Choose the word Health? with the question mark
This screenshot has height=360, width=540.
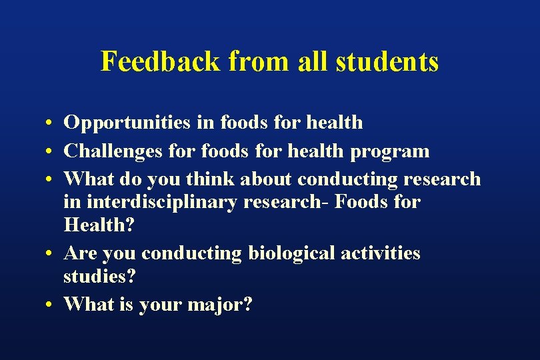[99, 225]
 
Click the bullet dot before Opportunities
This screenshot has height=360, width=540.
[50, 124]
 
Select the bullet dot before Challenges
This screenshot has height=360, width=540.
[50, 152]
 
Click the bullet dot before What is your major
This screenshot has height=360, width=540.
[50, 305]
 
